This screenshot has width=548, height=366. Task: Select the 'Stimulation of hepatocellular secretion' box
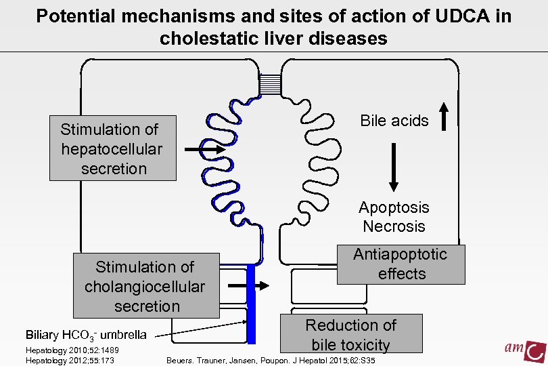point(113,148)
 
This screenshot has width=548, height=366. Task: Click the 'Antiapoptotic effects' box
point(401,264)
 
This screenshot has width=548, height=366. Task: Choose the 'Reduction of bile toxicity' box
point(350,335)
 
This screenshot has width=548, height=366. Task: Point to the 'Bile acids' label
point(394,121)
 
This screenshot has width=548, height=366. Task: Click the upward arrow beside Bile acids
point(444,116)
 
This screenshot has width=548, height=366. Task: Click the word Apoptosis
point(394,207)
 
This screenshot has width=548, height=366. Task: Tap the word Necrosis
point(394,226)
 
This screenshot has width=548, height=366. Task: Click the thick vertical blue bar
point(250,305)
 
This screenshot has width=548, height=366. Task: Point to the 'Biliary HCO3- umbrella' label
point(85,335)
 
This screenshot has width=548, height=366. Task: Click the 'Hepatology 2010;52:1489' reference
point(72,350)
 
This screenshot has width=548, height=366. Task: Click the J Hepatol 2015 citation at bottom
point(271,360)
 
